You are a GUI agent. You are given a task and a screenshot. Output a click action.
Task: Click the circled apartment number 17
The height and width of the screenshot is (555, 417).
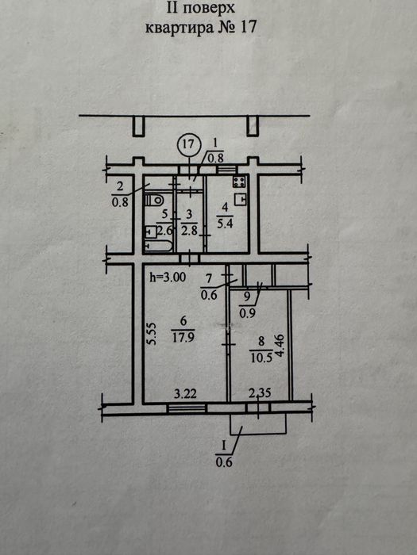[189, 144]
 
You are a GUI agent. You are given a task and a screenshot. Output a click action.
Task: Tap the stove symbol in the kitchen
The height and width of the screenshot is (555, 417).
[240, 182]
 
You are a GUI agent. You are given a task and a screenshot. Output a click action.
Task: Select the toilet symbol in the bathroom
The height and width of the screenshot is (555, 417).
[153, 201]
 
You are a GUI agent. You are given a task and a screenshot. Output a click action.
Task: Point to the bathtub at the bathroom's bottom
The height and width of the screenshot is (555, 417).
[159, 246]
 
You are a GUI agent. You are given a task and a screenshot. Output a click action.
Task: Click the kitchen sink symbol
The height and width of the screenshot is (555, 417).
[241, 200]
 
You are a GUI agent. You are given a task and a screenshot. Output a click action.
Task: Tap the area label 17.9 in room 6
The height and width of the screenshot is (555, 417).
[183, 337]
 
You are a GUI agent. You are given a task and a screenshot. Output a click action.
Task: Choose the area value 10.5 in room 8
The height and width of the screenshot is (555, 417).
[261, 358]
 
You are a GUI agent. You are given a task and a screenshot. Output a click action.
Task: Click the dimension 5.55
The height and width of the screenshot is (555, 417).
[152, 333]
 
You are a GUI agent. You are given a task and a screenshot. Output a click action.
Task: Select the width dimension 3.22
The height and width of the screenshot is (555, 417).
[185, 393]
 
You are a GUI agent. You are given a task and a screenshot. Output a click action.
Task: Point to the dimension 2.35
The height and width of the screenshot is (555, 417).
[261, 392]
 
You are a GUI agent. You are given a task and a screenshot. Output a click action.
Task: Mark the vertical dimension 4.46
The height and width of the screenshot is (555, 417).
[280, 346]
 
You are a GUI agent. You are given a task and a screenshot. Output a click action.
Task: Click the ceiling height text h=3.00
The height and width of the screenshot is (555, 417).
[168, 277]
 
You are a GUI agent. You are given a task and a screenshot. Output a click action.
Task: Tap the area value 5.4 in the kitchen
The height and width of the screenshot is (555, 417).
[226, 224]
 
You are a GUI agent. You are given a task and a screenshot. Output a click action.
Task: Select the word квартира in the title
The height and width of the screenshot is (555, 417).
[180, 27]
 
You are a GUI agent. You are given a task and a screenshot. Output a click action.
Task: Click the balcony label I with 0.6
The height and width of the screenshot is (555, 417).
[224, 454]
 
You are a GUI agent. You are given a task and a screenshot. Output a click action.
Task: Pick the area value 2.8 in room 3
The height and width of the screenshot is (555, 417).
[189, 231]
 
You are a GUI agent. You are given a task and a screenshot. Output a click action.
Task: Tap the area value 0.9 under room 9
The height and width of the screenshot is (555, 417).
[248, 312]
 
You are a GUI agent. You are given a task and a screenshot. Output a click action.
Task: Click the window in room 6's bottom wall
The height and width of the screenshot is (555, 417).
[187, 408]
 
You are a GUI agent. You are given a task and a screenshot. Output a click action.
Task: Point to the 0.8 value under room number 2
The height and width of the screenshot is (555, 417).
[120, 203]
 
